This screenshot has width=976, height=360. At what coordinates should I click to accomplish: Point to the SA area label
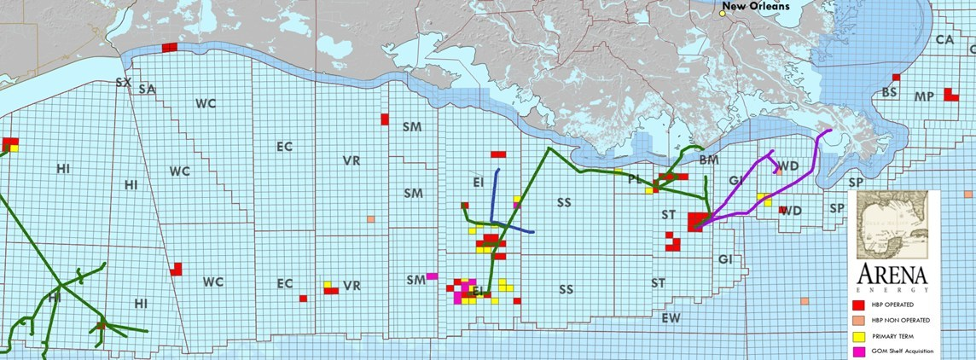[x=146, y=89]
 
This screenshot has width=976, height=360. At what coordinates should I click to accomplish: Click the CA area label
[x=944, y=39]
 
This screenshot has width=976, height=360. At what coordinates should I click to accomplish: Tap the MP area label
[x=923, y=96]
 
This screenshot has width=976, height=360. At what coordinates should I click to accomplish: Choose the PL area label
[x=634, y=180]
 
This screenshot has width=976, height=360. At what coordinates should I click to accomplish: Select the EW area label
[x=671, y=318]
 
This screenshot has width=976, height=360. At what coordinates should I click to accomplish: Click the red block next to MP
[x=950, y=94]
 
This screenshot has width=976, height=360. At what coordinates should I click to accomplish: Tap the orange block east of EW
[x=805, y=301]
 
